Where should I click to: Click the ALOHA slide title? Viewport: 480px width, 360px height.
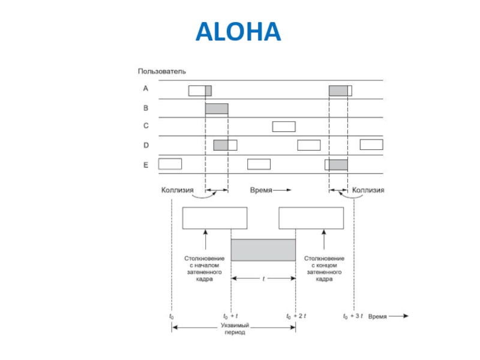[x=238, y=32]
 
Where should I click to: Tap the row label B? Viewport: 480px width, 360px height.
[x=145, y=109]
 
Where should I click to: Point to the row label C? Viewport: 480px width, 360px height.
[x=145, y=127]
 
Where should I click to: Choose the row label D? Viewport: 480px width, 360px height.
[x=145, y=145]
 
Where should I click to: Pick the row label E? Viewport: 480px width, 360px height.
[x=145, y=164]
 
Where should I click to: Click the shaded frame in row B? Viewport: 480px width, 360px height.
[x=217, y=109]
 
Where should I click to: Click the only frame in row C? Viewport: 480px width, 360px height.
[x=284, y=127]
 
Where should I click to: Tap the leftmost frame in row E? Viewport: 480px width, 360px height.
[x=170, y=164]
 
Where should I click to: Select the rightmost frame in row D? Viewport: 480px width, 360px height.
[x=371, y=145]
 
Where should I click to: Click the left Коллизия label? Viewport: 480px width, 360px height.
[x=178, y=190]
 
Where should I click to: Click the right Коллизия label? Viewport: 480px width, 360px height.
[x=368, y=190]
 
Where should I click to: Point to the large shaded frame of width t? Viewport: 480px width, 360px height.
[x=263, y=250]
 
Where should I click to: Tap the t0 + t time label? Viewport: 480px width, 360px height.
[x=230, y=316]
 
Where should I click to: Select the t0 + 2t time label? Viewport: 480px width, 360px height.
[x=296, y=316]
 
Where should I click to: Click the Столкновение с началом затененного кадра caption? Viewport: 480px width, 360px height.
[x=204, y=268]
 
